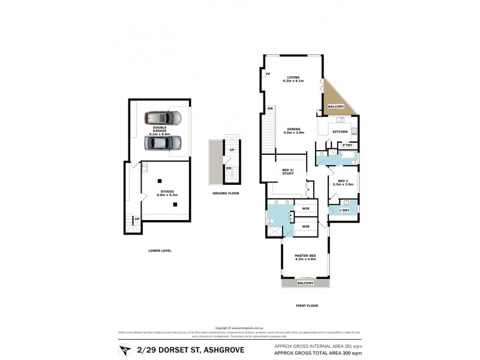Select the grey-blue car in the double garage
coord(163,143)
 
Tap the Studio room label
coord(158,191)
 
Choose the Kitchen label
coord(340,131)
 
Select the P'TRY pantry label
coord(347,145)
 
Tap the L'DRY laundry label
coord(344,209)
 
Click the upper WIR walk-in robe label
coord(306,209)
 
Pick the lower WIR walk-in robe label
coord(306,227)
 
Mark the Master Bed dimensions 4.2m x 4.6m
coord(305,259)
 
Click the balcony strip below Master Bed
coord(305,283)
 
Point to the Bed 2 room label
coord(343,181)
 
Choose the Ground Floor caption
coord(226,193)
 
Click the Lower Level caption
coord(160,250)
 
